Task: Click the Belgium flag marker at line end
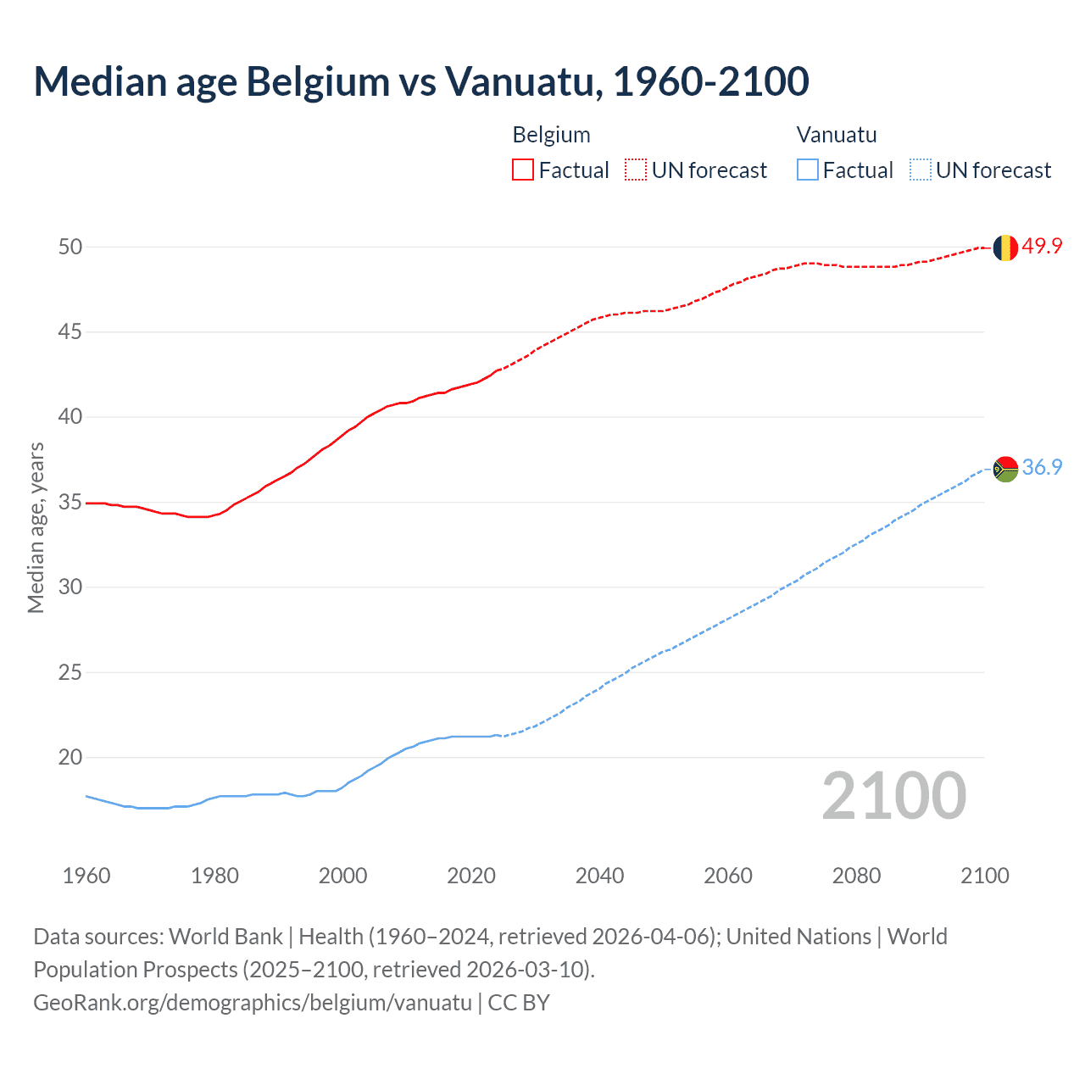click(1004, 248)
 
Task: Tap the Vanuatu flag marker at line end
click(1004, 469)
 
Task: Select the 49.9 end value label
click(1042, 247)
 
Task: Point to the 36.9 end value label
click(1042, 468)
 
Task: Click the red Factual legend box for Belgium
click(523, 170)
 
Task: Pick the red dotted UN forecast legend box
click(636, 170)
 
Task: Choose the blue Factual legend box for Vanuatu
click(807, 170)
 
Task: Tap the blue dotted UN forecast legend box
click(920, 170)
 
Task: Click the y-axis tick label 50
click(70, 248)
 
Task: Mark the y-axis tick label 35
click(70, 503)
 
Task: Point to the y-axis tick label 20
click(70, 758)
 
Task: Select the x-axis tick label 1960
click(86, 876)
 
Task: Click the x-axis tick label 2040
click(599, 876)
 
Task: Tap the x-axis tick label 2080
click(856, 876)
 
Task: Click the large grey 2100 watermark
click(893, 796)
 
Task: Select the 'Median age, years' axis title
click(36, 527)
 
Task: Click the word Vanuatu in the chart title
click(523, 82)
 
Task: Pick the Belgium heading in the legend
click(551, 135)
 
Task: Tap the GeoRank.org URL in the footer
click(253, 1003)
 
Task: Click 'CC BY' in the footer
click(519, 1003)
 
